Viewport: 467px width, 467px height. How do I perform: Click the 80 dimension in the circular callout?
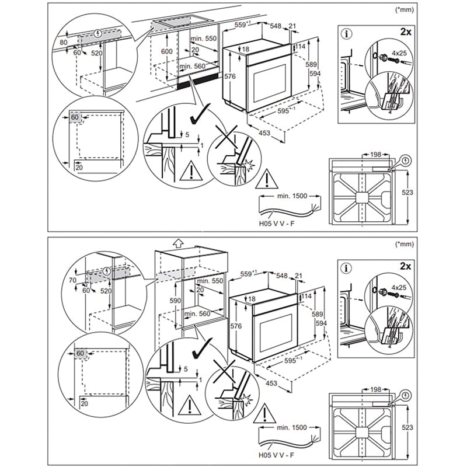(x=64, y=42)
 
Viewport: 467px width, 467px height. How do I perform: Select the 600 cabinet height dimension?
(x=166, y=51)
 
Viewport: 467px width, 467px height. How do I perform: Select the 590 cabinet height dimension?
(x=175, y=300)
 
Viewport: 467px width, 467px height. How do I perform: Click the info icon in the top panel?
(x=348, y=34)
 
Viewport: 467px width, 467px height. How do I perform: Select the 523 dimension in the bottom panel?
(x=407, y=427)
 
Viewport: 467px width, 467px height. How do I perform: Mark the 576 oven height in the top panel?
(x=229, y=76)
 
